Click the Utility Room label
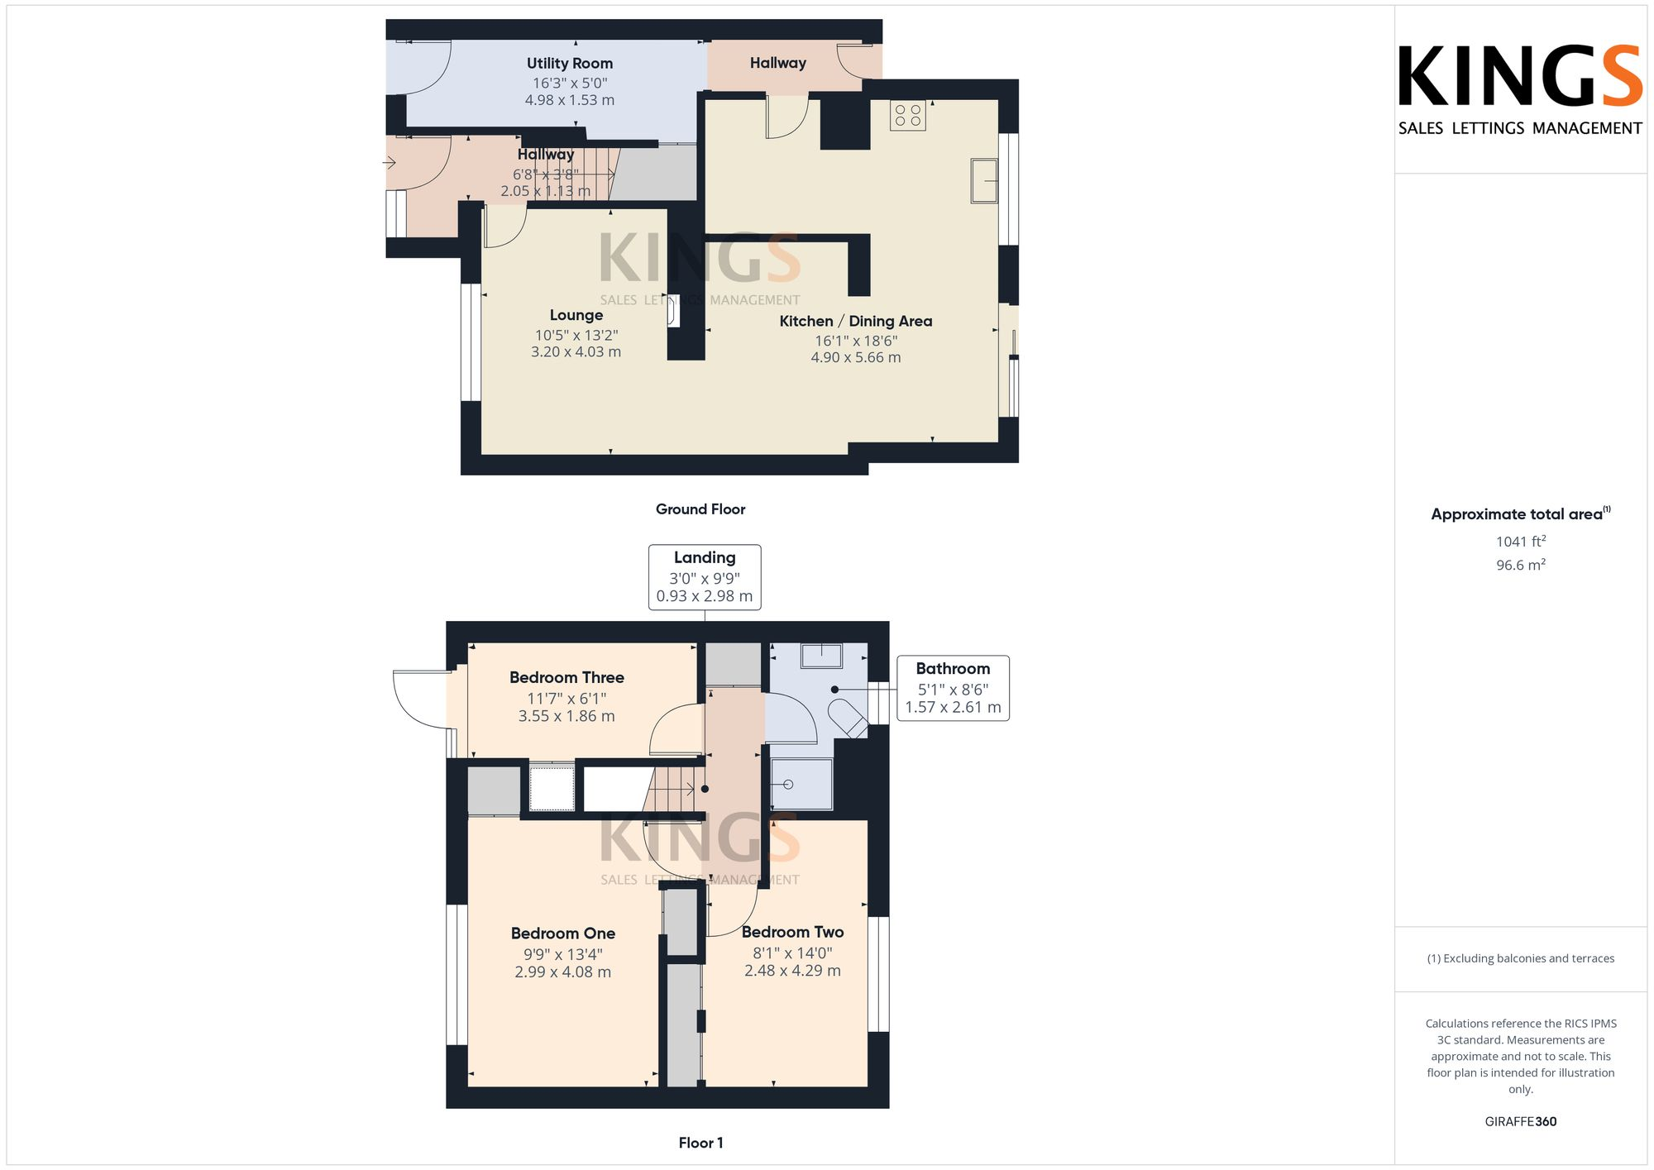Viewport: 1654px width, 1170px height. pyautogui.click(x=570, y=64)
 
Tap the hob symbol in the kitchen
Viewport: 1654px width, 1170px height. pyautogui.click(x=907, y=116)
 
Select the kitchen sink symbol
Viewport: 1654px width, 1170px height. pyautogui.click(x=983, y=180)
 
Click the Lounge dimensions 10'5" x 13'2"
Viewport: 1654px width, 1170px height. pyautogui.click(x=576, y=335)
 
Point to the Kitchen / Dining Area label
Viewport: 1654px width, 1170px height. pyautogui.click(x=855, y=321)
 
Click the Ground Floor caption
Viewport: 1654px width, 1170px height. pyautogui.click(x=700, y=509)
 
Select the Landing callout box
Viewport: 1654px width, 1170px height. pyautogui.click(x=704, y=576)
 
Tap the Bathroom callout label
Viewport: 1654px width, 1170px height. pyautogui.click(x=953, y=669)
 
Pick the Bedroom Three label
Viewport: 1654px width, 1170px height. pyautogui.click(x=566, y=677)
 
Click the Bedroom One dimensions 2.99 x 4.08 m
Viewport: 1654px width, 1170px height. pyautogui.click(x=562, y=972)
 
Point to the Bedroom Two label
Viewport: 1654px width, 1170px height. pyautogui.click(x=792, y=932)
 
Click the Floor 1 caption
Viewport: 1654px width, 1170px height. pyautogui.click(x=700, y=1143)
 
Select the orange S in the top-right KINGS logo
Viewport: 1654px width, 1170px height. pyautogui.click(x=1622, y=76)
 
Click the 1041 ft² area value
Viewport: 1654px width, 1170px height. pyautogui.click(x=1520, y=542)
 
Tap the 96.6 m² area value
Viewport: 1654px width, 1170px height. pyautogui.click(x=1520, y=566)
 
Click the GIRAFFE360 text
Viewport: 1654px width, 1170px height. pyautogui.click(x=1520, y=1122)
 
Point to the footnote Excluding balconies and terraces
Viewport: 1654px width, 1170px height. pyautogui.click(x=1520, y=958)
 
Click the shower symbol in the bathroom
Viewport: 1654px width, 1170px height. pyautogui.click(x=801, y=784)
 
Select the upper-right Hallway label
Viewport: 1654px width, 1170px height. pyautogui.click(x=777, y=63)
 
